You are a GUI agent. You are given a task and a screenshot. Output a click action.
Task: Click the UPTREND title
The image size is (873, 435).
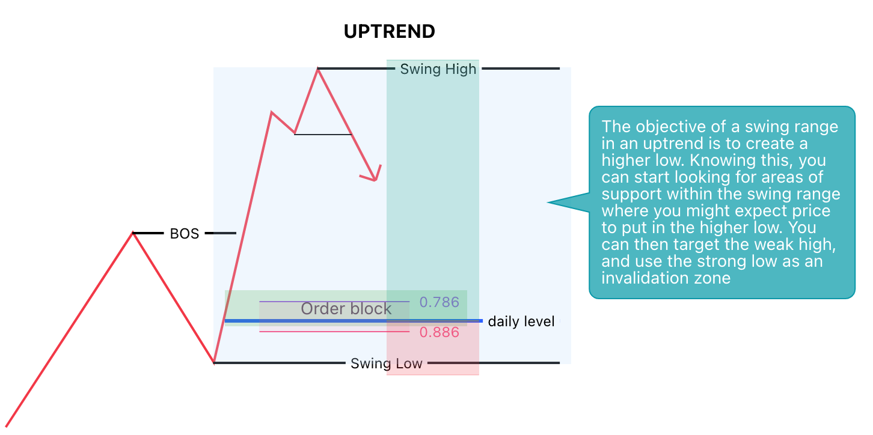(389, 31)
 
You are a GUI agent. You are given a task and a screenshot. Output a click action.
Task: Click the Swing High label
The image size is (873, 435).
(438, 69)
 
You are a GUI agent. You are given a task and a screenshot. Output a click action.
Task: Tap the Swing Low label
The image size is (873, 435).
(387, 364)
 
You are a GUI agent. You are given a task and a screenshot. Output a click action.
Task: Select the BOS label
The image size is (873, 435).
(184, 234)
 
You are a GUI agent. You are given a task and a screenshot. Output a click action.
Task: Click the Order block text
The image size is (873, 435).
(346, 309)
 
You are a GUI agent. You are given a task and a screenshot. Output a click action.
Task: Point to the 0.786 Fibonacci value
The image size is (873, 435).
(439, 302)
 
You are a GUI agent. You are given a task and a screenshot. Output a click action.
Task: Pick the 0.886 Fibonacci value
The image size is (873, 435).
(439, 332)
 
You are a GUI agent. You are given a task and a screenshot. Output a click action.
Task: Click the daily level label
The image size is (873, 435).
(521, 321)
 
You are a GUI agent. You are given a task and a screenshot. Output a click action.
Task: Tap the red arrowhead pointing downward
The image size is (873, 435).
(373, 175)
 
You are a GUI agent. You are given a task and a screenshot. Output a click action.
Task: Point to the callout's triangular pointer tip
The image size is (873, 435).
(549, 202)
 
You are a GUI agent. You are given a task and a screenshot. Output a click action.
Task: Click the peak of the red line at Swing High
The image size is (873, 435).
(318, 70)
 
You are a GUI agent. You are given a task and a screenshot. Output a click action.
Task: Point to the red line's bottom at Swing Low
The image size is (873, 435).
(214, 362)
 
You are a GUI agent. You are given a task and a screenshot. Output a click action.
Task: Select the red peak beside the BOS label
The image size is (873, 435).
(133, 233)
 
